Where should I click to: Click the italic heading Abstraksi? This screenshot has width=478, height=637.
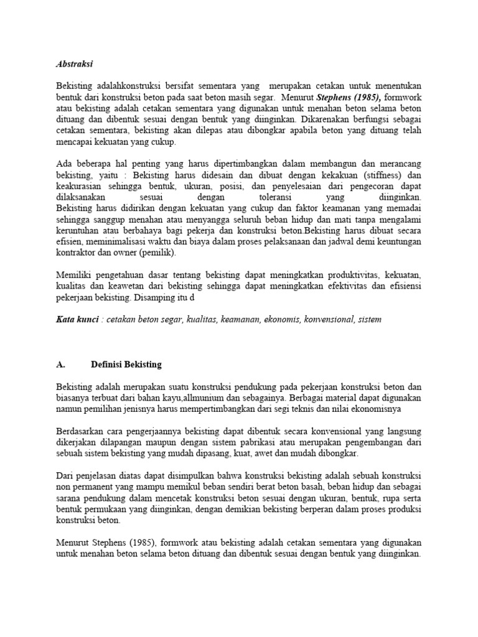pos(74,63)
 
